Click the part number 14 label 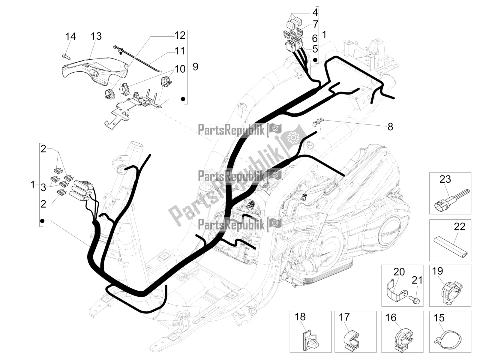point(70,37)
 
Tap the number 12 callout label point(180,35)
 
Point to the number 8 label point(390,127)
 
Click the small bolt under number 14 point(66,56)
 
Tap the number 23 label point(445,179)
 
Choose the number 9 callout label point(195,66)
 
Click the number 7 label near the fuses point(315,24)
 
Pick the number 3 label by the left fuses point(43,188)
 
